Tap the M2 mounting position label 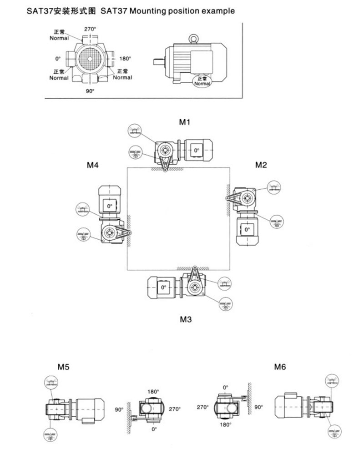pyautogui.click(x=260, y=165)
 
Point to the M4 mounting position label pyautogui.click(x=93, y=165)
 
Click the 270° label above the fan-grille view pyautogui.click(x=90, y=29)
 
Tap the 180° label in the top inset pyautogui.click(x=125, y=59)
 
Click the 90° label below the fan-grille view pyautogui.click(x=90, y=91)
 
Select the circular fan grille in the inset pyautogui.click(x=90, y=59)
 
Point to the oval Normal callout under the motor pyautogui.click(x=202, y=81)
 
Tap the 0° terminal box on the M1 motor pyautogui.click(x=196, y=150)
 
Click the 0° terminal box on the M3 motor pyautogui.click(x=163, y=287)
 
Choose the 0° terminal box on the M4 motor pyautogui.click(x=109, y=206)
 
